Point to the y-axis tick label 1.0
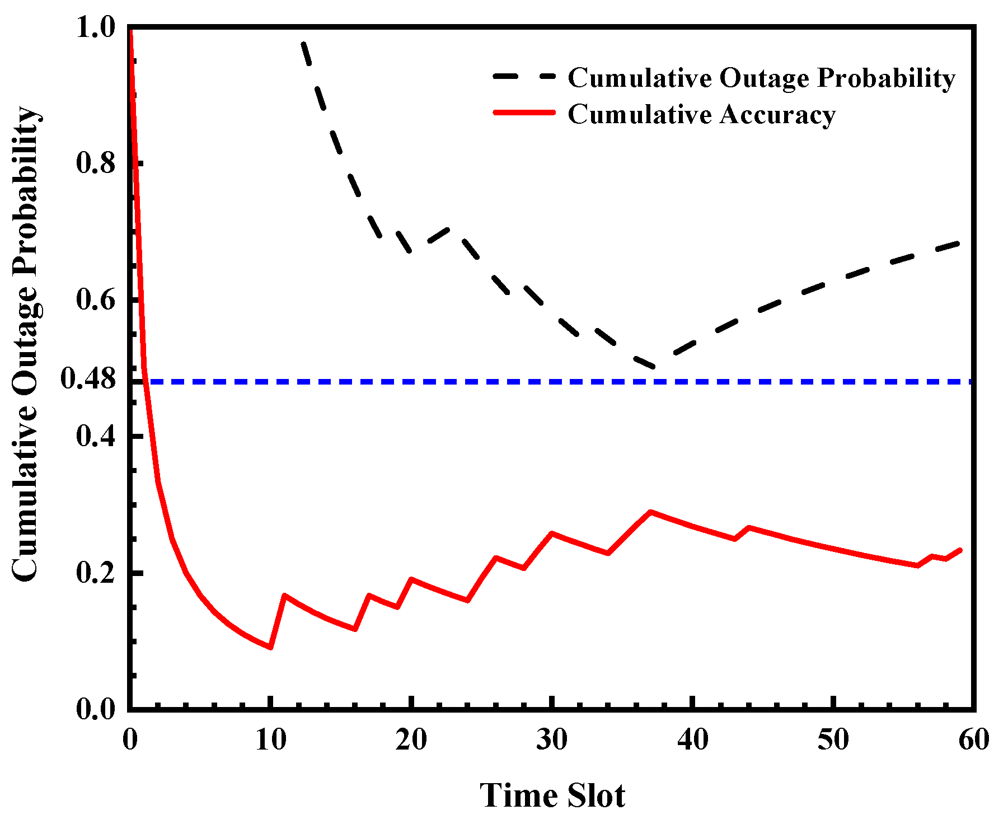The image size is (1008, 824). (x=96, y=28)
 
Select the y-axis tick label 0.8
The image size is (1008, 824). (x=96, y=163)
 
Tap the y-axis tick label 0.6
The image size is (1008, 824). (x=96, y=300)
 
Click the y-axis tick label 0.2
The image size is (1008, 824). (x=96, y=573)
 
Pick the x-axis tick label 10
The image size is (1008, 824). (x=271, y=741)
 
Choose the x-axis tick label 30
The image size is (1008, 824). (x=552, y=741)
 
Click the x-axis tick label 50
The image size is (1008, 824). (x=833, y=741)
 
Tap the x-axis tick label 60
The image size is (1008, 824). (x=974, y=741)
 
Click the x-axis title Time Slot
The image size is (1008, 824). (x=552, y=795)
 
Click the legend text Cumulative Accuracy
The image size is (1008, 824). (x=702, y=114)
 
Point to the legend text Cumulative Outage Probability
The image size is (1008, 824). (x=762, y=78)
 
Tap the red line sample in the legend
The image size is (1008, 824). (x=524, y=113)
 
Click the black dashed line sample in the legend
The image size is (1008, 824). (x=524, y=77)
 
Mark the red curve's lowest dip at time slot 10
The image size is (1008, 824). (x=271, y=648)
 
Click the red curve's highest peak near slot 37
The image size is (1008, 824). (x=650, y=512)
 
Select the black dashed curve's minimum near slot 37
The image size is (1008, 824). (x=653, y=367)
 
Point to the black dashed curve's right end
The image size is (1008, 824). (x=959, y=243)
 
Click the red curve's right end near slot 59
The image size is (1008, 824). (x=960, y=550)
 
